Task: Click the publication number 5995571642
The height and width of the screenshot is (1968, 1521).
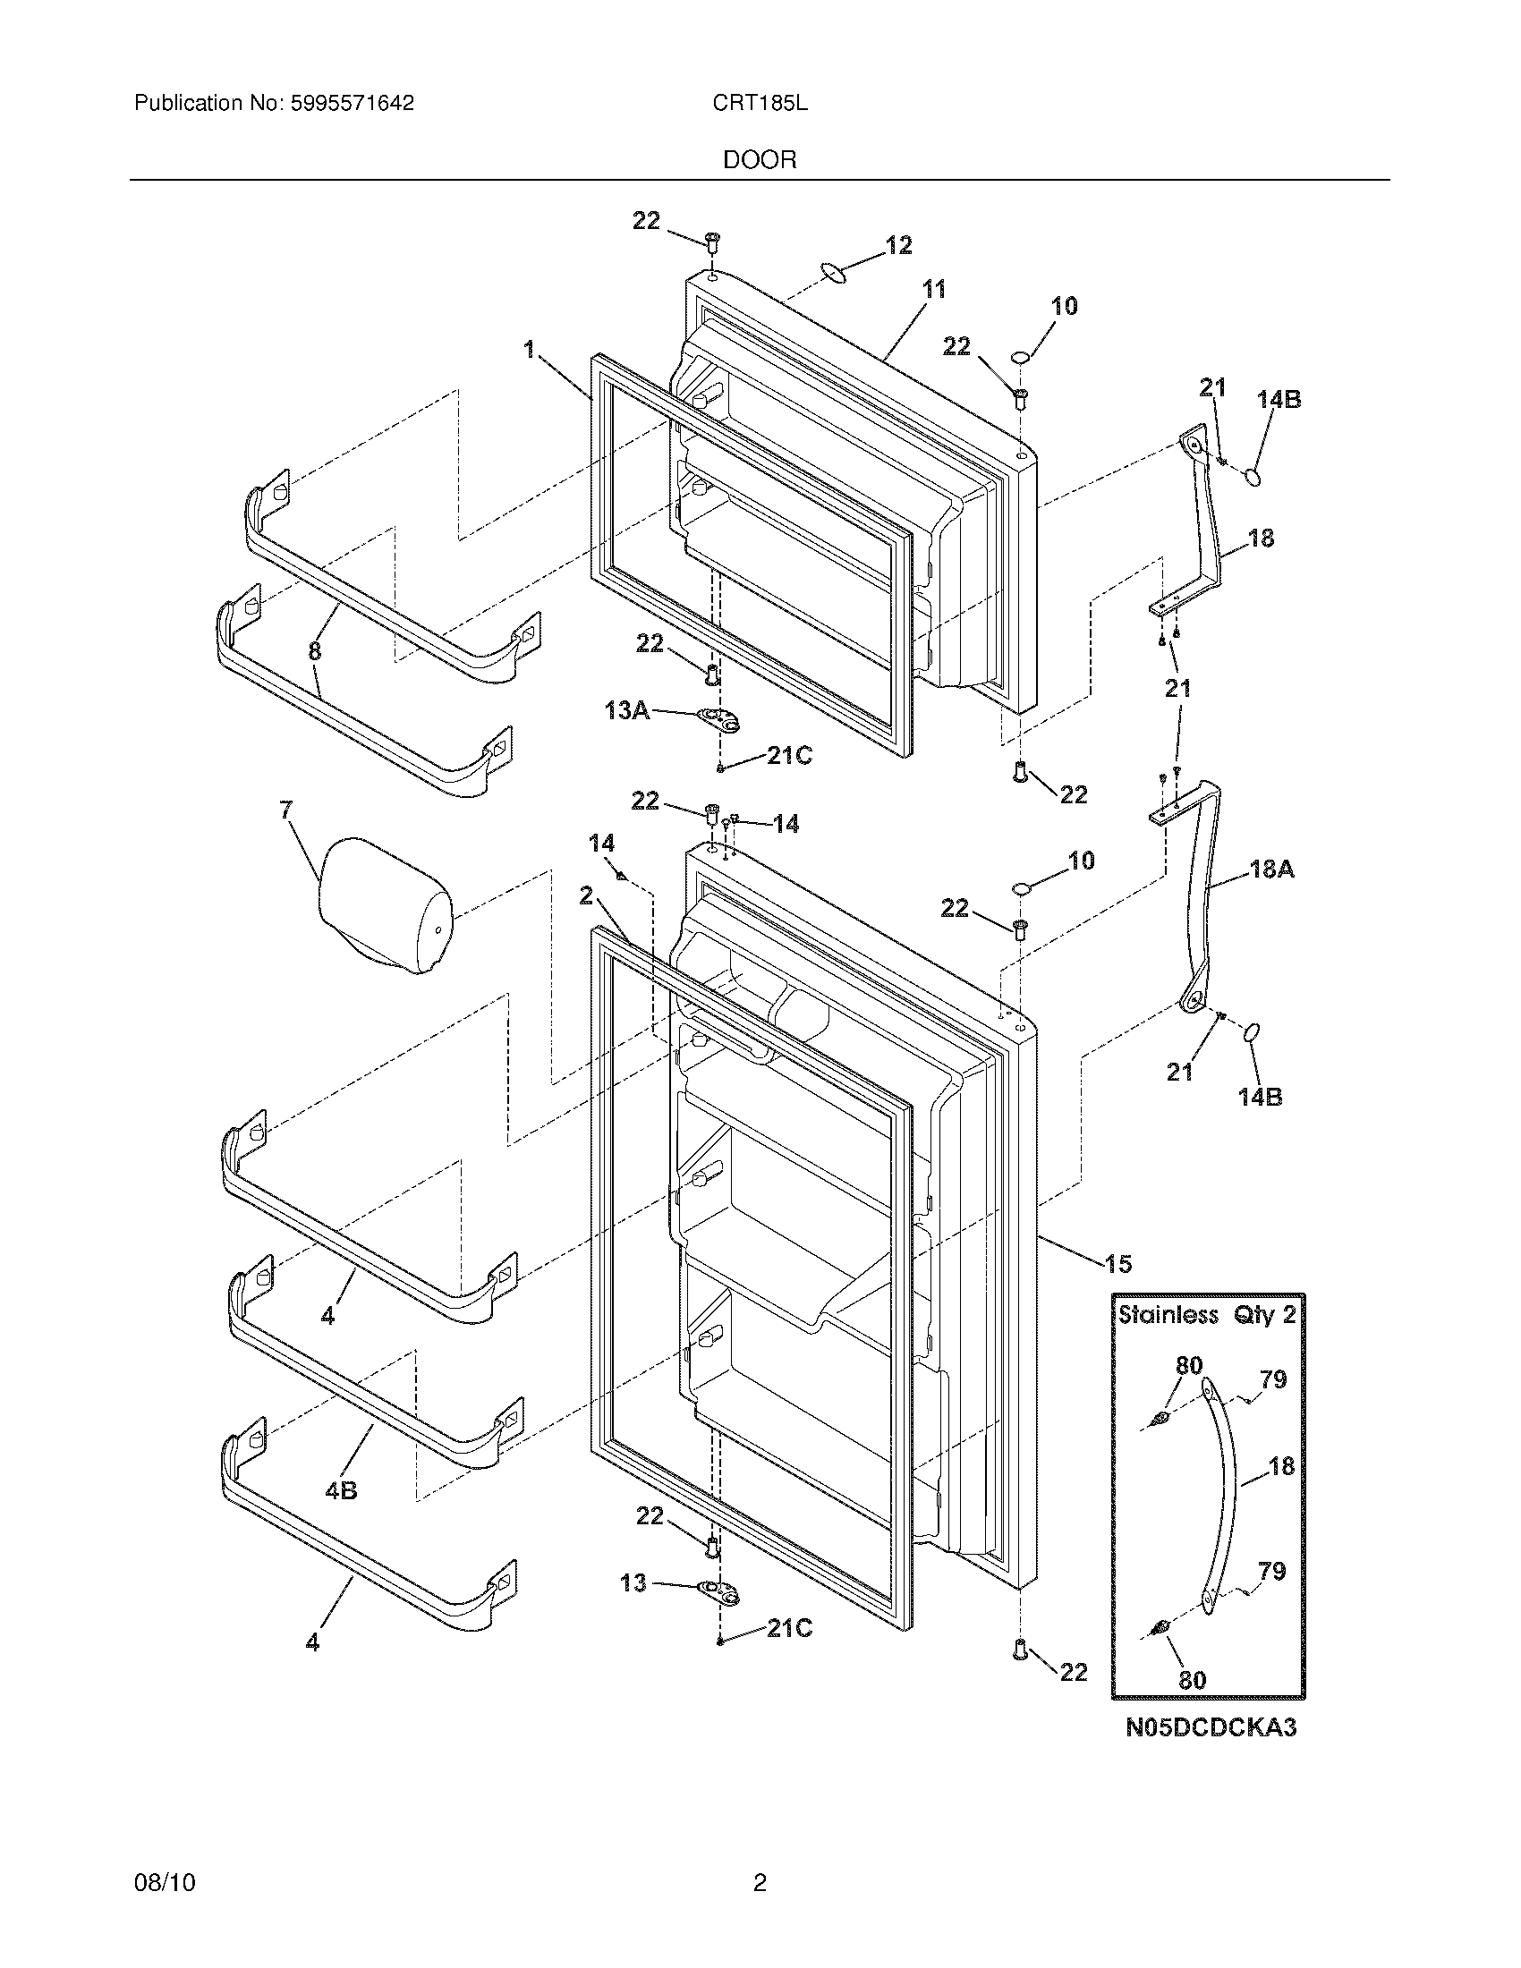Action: click(x=352, y=104)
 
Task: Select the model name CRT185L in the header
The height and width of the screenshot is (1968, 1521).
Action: click(x=760, y=104)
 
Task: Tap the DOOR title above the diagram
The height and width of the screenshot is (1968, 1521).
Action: click(x=760, y=160)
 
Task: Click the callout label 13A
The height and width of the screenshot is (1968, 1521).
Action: click(x=627, y=711)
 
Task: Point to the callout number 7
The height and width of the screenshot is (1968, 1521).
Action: click(x=285, y=810)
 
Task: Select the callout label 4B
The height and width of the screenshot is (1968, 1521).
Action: click(x=342, y=1490)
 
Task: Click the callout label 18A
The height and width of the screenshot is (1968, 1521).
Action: click(x=1271, y=869)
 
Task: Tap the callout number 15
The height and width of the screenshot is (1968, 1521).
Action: click(x=1117, y=1264)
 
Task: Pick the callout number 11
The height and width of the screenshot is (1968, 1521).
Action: click(x=934, y=289)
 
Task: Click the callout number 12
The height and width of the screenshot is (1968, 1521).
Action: click(x=898, y=245)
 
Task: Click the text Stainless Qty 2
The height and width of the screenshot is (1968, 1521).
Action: click(x=1207, y=1315)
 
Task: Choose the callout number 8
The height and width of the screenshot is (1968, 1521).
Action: click(x=314, y=651)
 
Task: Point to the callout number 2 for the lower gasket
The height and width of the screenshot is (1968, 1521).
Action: click(x=587, y=895)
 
